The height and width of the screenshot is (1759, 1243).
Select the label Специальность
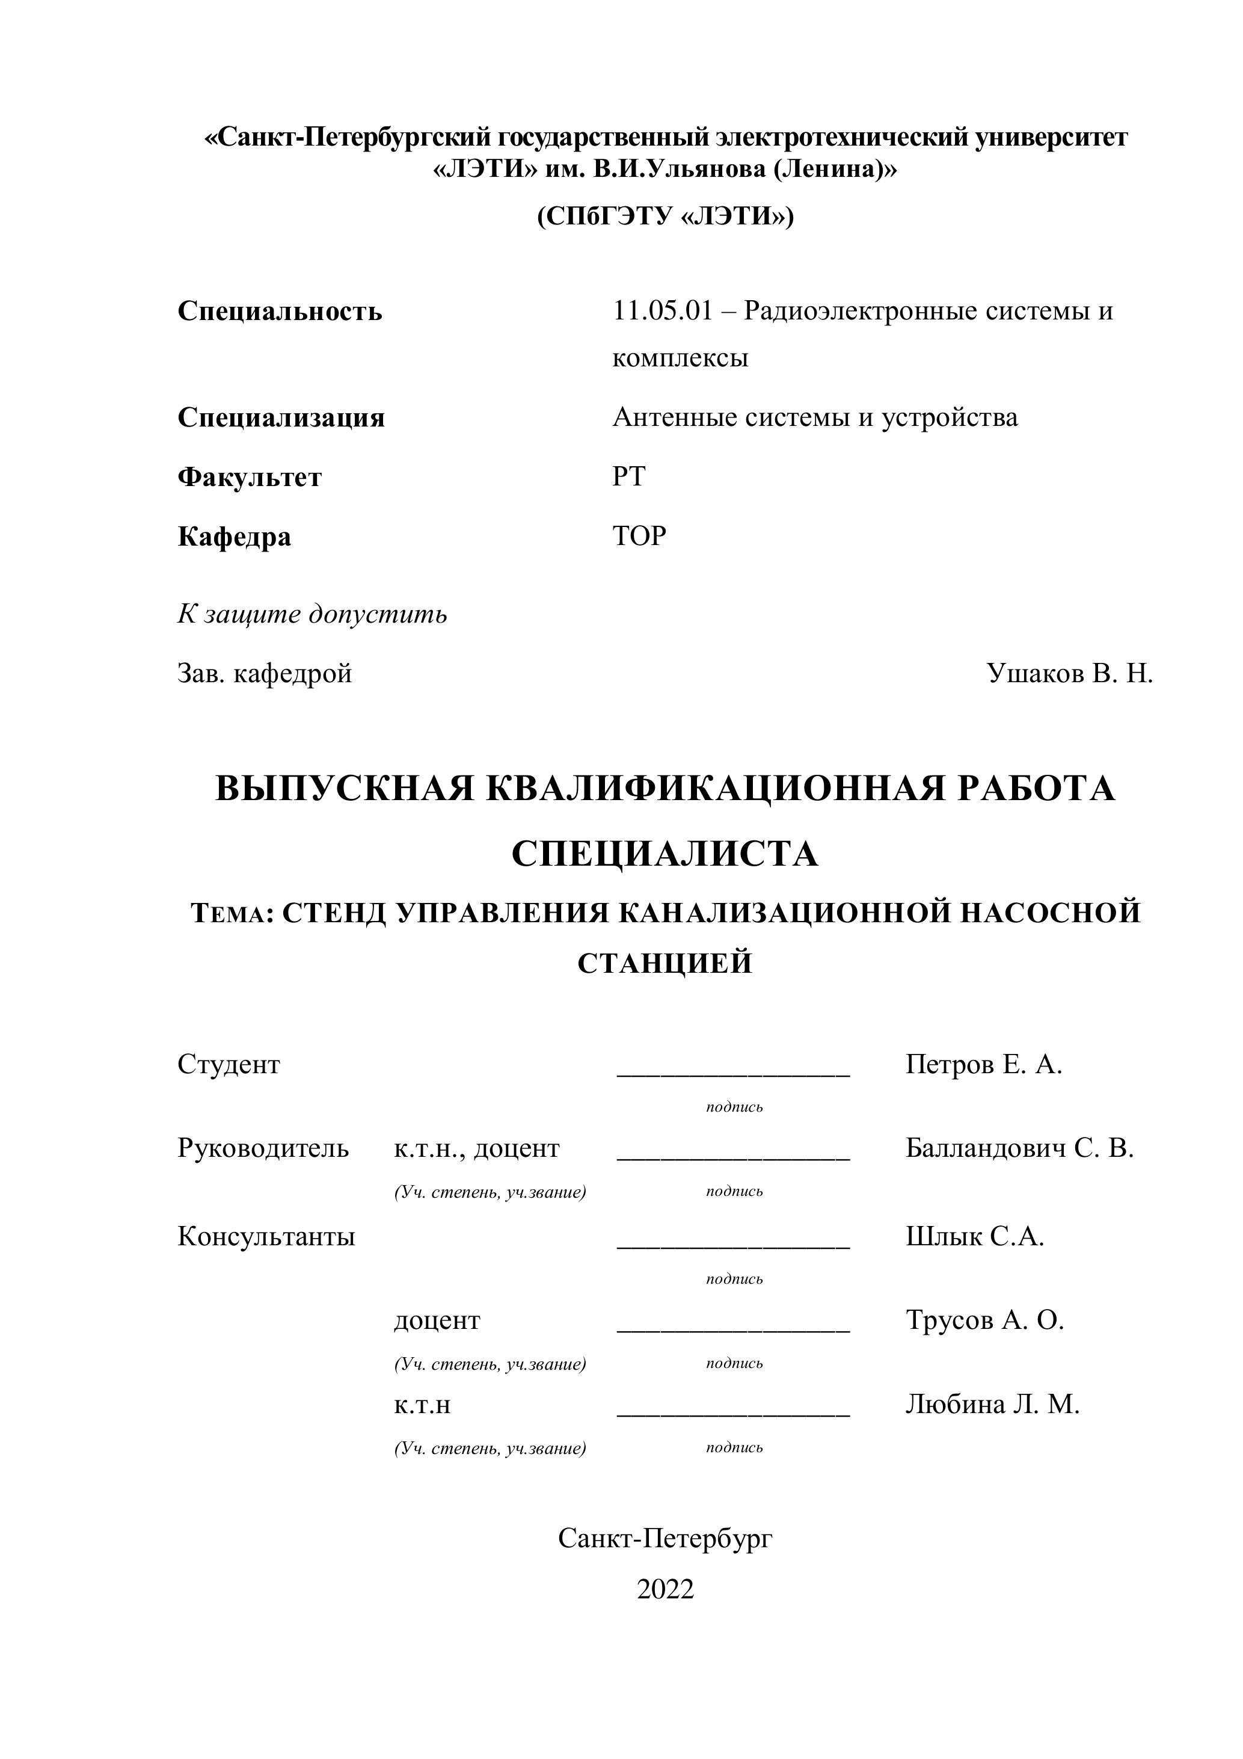tap(280, 312)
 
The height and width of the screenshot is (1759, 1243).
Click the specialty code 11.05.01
tap(663, 311)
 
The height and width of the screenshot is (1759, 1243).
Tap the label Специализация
tap(281, 418)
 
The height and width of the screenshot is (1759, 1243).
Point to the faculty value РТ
tap(629, 477)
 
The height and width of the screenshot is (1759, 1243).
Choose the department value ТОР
tap(639, 536)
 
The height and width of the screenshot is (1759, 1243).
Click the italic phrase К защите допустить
tap(313, 614)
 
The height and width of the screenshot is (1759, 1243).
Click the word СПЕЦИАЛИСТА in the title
tap(664, 854)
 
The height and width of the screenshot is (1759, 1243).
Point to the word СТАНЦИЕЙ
tap(664, 964)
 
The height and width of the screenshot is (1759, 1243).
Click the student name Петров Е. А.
tap(983, 1065)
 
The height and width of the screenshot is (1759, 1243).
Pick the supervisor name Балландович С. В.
tap(1019, 1148)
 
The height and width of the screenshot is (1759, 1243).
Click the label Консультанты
tap(266, 1236)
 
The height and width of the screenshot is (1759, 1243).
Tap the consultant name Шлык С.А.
tap(974, 1236)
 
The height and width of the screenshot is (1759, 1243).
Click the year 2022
tap(664, 1590)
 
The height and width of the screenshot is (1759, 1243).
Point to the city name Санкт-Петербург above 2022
tap(664, 1538)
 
